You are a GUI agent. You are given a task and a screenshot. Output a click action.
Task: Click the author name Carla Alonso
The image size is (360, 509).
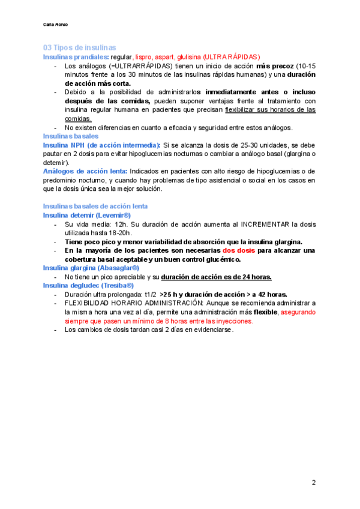click(56, 25)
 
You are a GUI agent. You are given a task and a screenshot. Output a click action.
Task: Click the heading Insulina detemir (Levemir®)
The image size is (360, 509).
click(87, 214)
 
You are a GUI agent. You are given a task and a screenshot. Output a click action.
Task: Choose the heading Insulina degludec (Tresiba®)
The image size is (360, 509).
click(88, 285)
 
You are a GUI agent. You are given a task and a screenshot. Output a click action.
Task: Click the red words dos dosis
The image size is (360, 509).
click(239, 250)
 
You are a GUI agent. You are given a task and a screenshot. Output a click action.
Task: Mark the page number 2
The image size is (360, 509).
click(313, 483)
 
